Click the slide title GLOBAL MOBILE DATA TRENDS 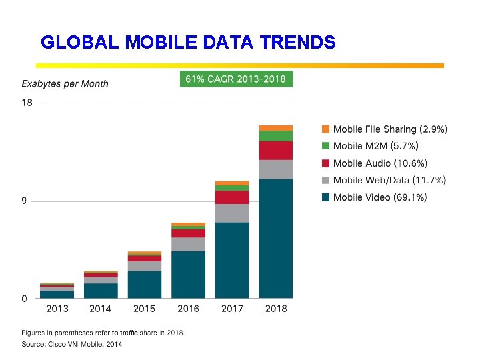188,43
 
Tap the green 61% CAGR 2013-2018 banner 236,79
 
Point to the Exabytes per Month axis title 65,83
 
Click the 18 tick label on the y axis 27,103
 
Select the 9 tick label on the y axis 24,201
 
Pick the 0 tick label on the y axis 24,299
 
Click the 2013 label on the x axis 57,309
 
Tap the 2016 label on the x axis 188,309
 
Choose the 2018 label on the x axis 276,309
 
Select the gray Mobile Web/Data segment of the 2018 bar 276,169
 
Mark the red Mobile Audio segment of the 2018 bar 276,151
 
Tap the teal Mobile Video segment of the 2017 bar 232,260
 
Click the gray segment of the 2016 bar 188,244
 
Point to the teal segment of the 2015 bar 145,285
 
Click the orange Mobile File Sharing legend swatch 325,129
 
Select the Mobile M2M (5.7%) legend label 375,146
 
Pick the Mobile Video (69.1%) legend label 380,197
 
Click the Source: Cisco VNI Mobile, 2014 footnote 71,344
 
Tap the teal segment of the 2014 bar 101,291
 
